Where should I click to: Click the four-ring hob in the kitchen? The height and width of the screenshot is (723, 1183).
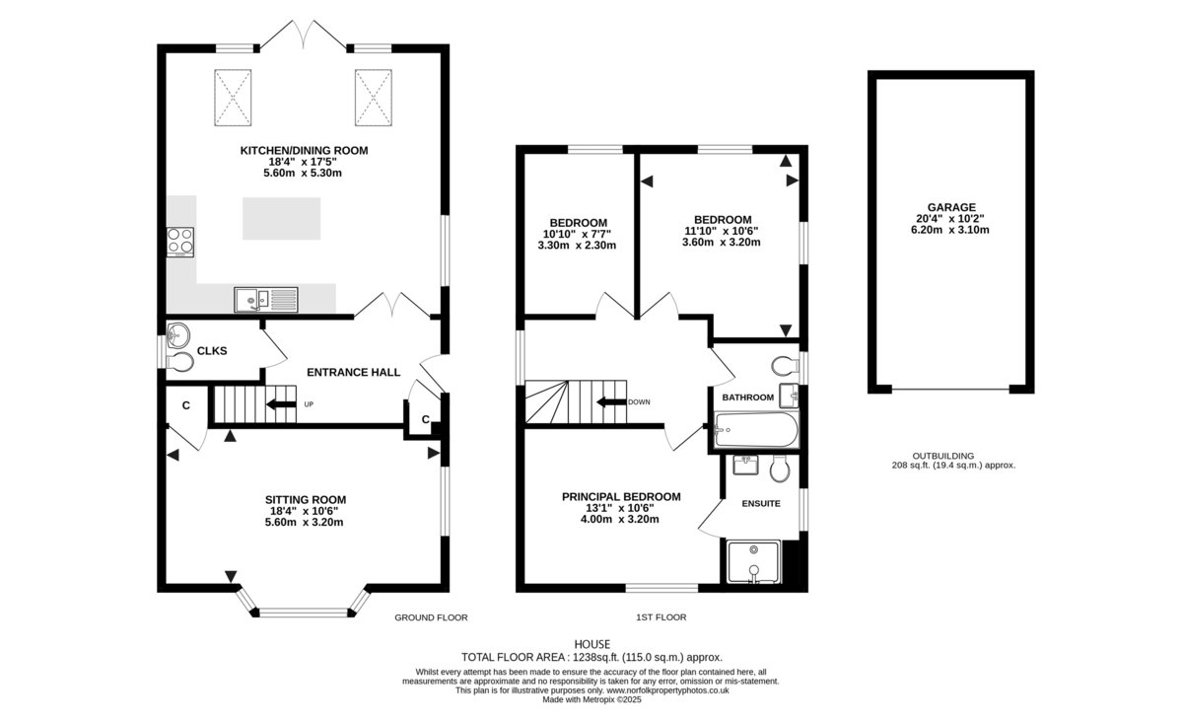(x=180, y=242)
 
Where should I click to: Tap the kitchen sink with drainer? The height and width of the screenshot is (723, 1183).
(x=266, y=300)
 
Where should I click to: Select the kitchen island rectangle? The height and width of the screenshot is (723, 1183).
(x=282, y=218)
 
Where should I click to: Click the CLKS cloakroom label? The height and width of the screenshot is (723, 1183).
(x=212, y=351)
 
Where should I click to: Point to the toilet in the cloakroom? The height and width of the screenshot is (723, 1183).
(x=180, y=362)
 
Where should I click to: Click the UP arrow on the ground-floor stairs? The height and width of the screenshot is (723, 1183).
(x=281, y=404)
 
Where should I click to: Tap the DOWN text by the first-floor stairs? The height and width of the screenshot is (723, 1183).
(x=639, y=402)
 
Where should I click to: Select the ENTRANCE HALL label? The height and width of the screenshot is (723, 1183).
(x=353, y=372)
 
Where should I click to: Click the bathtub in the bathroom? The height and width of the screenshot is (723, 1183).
(x=756, y=430)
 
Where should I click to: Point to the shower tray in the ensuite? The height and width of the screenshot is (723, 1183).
(x=753, y=562)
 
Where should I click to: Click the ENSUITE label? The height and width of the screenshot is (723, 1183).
(x=761, y=504)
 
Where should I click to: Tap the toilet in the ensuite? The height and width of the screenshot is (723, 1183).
(x=780, y=468)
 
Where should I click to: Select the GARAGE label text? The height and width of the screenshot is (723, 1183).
(x=951, y=207)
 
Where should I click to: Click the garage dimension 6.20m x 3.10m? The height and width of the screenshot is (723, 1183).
(x=950, y=230)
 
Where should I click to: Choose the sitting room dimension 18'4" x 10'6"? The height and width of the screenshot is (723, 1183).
(x=305, y=511)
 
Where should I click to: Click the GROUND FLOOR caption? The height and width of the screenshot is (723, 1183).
(x=431, y=617)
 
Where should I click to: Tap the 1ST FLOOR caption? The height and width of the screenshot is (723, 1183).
(x=661, y=617)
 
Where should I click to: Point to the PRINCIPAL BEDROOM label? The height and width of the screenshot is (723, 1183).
(x=621, y=497)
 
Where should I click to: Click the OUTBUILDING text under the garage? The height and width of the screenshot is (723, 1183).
(x=943, y=456)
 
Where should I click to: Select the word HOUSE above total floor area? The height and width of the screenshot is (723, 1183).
(x=592, y=644)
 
